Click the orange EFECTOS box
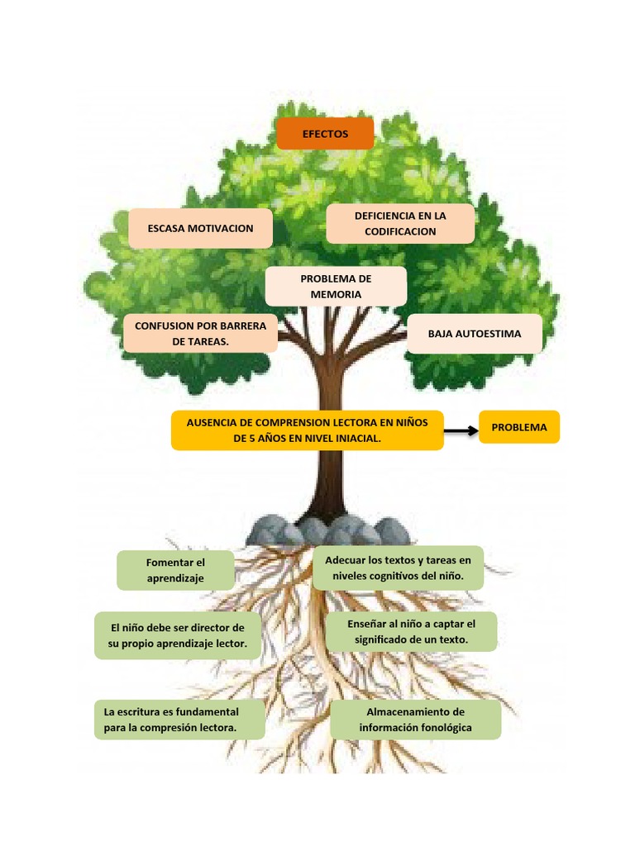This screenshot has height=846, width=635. tap(325, 134)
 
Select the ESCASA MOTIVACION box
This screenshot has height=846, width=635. tap(200, 229)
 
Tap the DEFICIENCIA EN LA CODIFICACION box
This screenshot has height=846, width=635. tap(400, 224)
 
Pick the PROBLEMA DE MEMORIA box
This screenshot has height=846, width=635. tap(336, 287)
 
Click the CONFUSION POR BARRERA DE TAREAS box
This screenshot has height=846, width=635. tap(200, 334)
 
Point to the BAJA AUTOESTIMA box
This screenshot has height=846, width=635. tap(475, 334)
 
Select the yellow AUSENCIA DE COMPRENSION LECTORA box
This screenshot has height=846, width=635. tap(307, 430)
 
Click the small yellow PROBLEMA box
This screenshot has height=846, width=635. tap(519, 427)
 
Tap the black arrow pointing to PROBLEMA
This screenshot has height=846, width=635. tap(461, 430)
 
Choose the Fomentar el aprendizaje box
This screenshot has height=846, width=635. tap(175, 571)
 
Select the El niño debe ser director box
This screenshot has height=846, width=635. tap(178, 635)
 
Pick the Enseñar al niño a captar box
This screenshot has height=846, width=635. tap(411, 632)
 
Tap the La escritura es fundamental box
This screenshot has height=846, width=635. tap(179, 720)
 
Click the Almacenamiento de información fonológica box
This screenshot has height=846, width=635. tap(415, 720)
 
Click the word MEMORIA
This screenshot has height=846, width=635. tap(336, 294)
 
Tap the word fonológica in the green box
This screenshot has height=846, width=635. tap(442, 728)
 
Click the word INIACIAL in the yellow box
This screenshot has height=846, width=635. tap(356, 439)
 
